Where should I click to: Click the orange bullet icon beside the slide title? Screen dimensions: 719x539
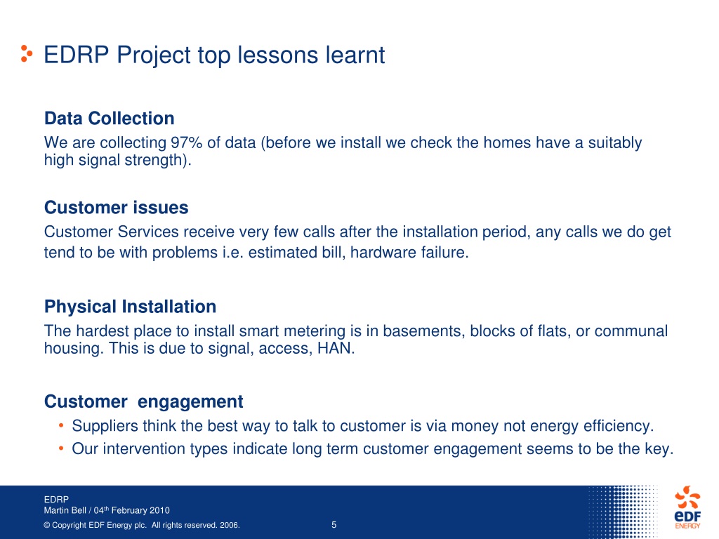(27, 53)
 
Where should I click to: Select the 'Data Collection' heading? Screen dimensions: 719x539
(109, 118)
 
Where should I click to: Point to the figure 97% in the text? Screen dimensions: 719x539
(187, 142)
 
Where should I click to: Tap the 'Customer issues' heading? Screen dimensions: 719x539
(116, 208)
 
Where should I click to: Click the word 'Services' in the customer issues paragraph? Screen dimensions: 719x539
(148, 232)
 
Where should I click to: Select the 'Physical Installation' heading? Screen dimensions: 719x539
(130, 307)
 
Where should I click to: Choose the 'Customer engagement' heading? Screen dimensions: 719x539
(143, 402)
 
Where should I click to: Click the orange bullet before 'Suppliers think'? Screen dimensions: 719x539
(61, 426)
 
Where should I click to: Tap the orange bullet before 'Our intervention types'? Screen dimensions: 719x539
(61, 448)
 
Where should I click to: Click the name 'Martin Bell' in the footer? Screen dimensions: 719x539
(65, 511)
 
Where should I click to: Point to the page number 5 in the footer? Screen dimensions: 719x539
(334, 525)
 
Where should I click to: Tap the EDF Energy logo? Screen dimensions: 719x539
(687, 507)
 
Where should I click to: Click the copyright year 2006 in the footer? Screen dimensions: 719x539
(230, 525)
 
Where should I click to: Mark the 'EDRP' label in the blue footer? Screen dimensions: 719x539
(56, 500)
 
